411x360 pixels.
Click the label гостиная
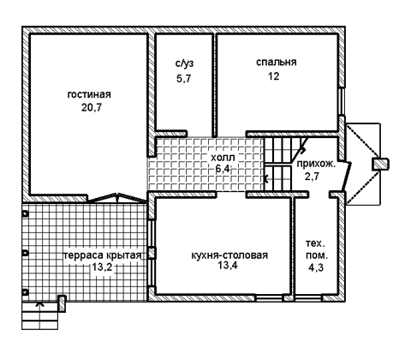[x=89, y=94]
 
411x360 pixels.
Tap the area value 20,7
[x=92, y=108]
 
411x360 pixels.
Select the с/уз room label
[x=184, y=63]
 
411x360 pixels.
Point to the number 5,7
[x=183, y=78]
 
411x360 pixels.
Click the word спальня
[x=277, y=62]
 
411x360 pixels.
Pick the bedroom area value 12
[x=273, y=76]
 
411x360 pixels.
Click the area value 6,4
[x=223, y=169]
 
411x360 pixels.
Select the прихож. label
[x=317, y=164]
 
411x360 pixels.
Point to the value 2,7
[x=312, y=177]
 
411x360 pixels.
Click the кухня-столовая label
[x=229, y=255]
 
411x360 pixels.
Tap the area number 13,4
[x=228, y=266]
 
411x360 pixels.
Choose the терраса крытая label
[x=103, y=255]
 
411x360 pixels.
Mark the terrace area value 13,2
[x=102, y=267]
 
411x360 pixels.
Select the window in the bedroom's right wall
[x=342, y=101]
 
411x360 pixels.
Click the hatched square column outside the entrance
[x=380, y=165]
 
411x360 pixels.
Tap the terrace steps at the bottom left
[x=40, y=315]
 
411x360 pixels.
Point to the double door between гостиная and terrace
[x=117, y=198]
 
